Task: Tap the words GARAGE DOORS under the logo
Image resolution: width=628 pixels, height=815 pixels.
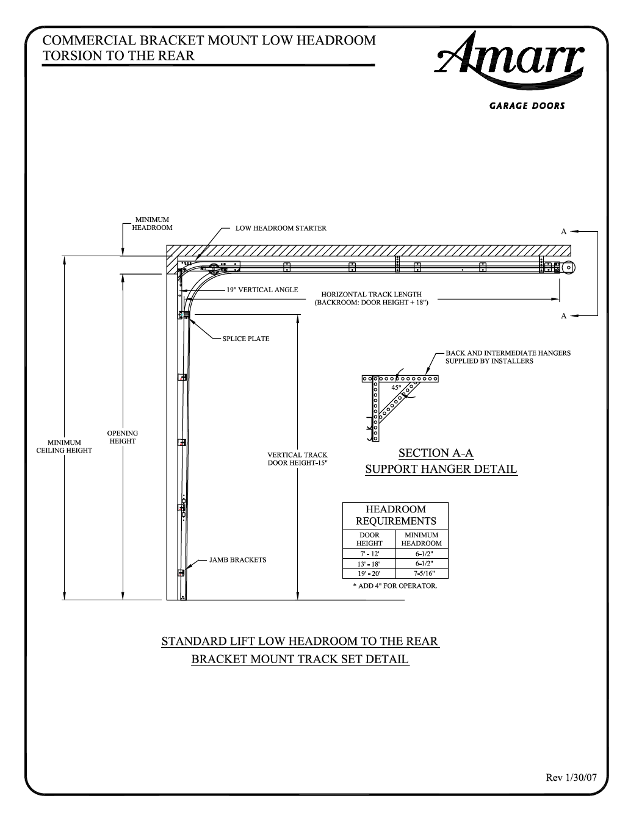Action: pos(527,106)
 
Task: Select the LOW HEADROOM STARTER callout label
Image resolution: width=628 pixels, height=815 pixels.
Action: pos(281,228)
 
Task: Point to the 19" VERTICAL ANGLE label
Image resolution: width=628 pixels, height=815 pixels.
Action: pos(262,290)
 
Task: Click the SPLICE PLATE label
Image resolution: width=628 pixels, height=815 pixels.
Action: pos(246,339)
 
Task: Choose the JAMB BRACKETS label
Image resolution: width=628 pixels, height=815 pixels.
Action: pos(237,559)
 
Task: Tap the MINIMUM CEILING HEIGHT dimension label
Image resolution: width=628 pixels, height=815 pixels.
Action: pos(64,447)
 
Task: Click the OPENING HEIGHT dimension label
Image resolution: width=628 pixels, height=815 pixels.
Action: pos(123,437)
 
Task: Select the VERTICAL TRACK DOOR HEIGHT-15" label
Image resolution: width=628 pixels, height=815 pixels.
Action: pos(297,459)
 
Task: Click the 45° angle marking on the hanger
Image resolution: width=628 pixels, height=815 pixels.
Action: pos(396,387)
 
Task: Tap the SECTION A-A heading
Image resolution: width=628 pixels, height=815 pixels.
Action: pos(436,453)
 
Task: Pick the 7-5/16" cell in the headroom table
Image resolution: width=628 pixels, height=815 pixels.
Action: pos(421,573)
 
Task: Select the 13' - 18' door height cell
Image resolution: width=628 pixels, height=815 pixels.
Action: pos(369,564)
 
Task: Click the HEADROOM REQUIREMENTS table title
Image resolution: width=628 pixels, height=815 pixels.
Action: pos(395,515)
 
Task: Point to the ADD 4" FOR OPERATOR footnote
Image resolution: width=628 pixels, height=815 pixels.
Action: pos(395,586)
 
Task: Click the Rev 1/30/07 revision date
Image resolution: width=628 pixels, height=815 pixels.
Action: pos(571,778)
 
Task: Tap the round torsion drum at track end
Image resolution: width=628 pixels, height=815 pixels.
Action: pos(569,267)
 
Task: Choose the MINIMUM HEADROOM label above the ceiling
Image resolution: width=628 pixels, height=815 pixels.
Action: pos(152,223)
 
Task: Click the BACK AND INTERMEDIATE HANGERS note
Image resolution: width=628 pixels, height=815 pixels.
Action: pos(508,357)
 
